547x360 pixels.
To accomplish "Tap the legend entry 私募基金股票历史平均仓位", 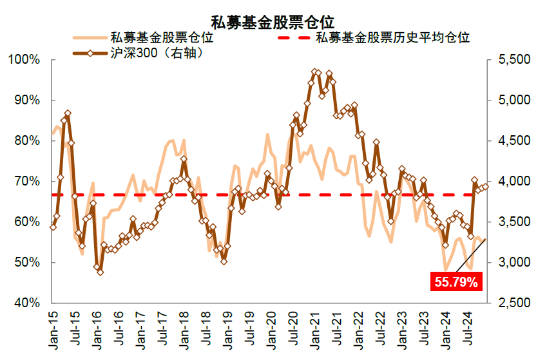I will coord(392,37).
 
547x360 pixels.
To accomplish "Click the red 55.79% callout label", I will coord(456,281).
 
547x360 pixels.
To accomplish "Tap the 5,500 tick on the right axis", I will coord(513,60).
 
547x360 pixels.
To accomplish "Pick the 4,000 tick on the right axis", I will coord(513,182).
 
